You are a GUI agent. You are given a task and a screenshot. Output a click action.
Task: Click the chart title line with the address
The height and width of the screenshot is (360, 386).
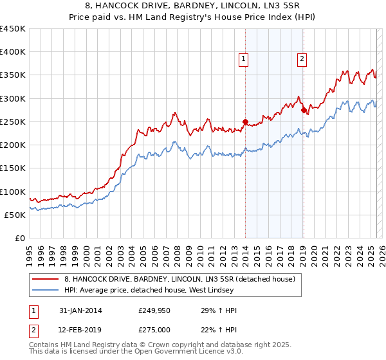point(193,6)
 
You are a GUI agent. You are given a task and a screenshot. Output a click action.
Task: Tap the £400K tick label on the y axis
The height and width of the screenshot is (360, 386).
point(13,52)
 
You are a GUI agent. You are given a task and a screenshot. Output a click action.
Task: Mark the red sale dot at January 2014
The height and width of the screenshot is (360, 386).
point(245,121)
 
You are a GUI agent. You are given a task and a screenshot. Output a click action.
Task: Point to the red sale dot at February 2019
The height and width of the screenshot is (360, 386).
point(303,110)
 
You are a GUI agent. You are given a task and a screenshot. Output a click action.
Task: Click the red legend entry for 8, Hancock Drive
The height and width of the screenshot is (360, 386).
point(179,279)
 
